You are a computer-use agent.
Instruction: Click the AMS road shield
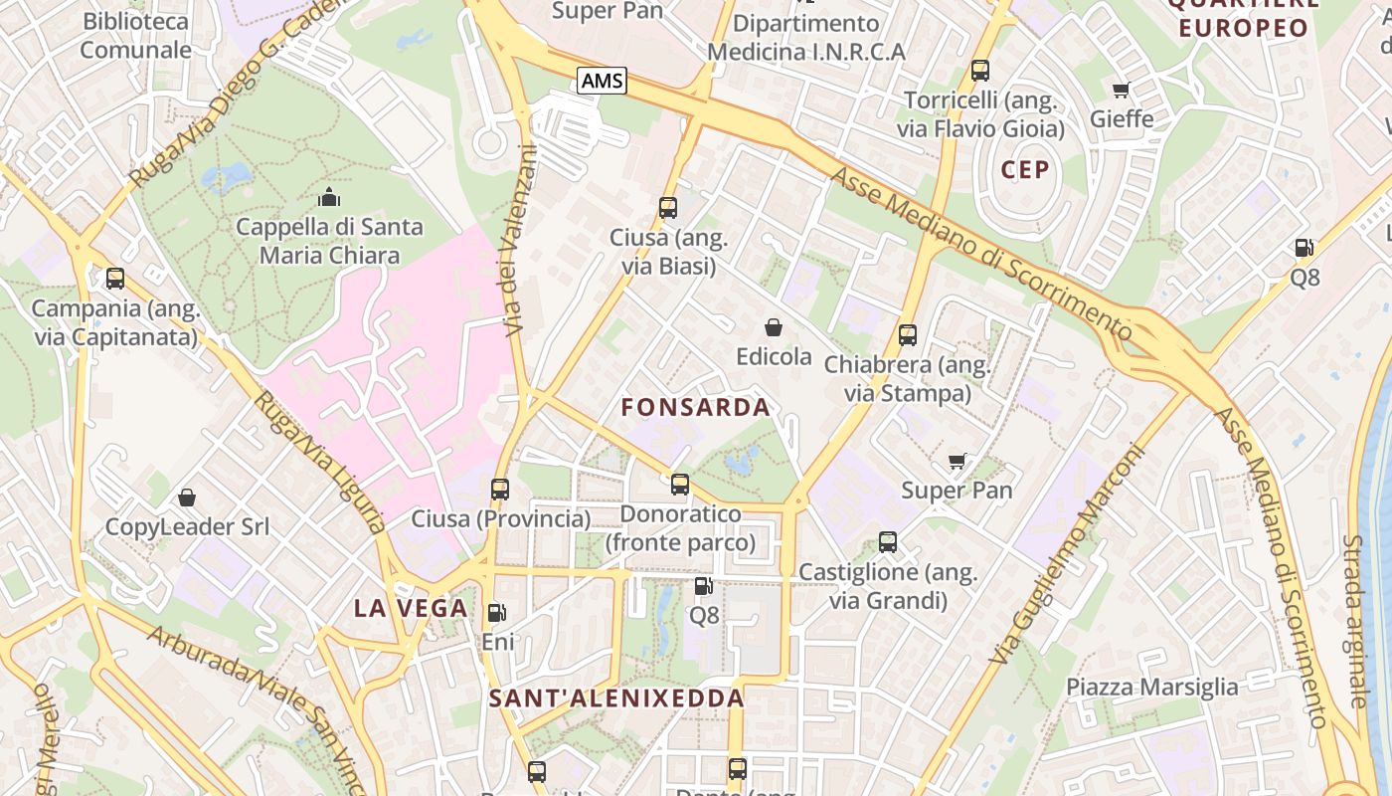click(x=602, y=81)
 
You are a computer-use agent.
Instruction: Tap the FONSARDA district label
click(x=695, y=407)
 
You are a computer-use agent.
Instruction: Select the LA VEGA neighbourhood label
click(x=411, y=608)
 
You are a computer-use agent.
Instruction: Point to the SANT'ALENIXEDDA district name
click(x=616, y=698)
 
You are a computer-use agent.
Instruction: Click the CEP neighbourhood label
click(x=1025, y=169)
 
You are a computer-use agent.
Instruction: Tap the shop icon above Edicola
click(x=774, y=327)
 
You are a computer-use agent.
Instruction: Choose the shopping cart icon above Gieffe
click(x=1122, y=91)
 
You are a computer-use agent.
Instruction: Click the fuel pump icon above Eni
click(x=497, y=614)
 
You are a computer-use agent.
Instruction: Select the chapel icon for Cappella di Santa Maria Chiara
click(x=329, y=198)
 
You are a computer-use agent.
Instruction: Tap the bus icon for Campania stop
click(x=115, y=279)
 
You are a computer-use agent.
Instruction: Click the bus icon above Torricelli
click(x=980, y=71)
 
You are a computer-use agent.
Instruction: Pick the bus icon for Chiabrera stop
click(x=908, y=335)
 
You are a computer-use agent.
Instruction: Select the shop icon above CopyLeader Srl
click(x=187, y=497)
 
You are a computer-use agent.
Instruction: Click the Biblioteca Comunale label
click(x=136, y=36)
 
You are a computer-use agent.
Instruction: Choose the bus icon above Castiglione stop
click(x=888, y=542)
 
